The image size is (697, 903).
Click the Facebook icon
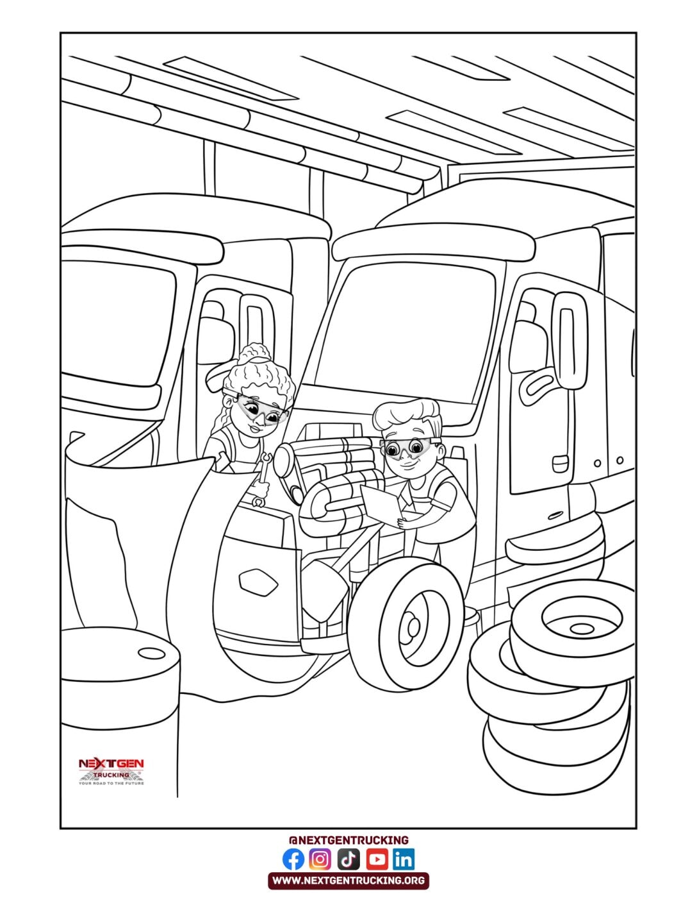pyautogui.click(x=293, y=859)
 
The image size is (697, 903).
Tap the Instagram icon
pyautogui.click(x=320, y=859)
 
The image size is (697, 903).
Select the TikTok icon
pyautogui.click(x=348, y=859)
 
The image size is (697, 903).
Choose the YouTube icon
pyautogui.click(x=377, y=859)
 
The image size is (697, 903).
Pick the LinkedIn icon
pyautogui.click(x=404, y=859)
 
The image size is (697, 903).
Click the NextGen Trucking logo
pyautogui.click(x=111, y=772)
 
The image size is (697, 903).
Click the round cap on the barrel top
pyautogui.click(x=152, y=654)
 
